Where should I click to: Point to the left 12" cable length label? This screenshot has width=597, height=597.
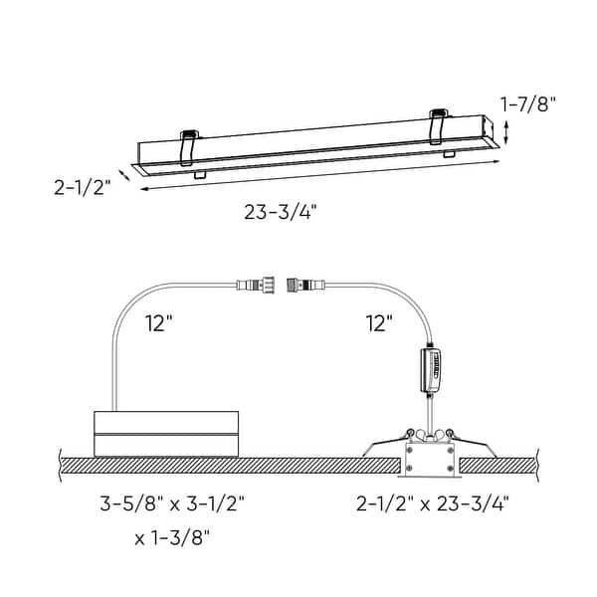pyautogui.click(x=157, y=322)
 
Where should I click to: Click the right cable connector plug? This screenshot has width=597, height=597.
pyautogui.click(x=302, y=286)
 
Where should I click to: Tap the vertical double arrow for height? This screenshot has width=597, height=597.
pyautogui.click(x=509, y=132)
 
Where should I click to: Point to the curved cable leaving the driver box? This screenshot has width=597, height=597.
pyautogui.click(x=124, y=328)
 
